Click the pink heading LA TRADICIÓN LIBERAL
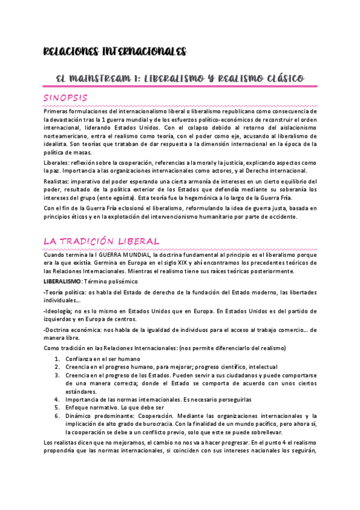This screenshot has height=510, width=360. tap(101, 241)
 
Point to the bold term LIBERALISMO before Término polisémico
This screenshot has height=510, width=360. tap(62, 281)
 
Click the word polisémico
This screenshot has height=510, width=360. tap(124, 281)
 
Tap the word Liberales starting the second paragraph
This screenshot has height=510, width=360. tap(55, 163)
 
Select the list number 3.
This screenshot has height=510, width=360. tap(57, 375)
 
